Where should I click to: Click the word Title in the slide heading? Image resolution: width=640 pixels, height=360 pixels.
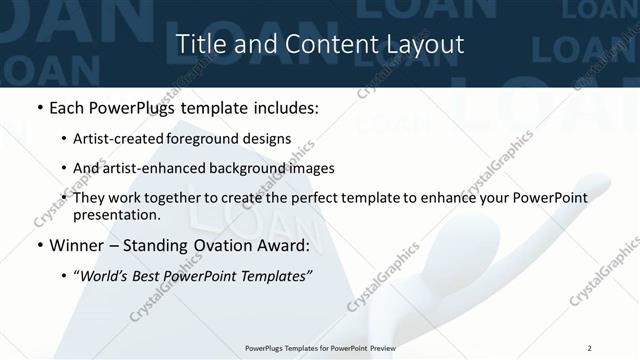click(199, 44)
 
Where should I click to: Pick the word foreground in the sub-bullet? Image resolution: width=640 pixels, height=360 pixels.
click(212, 139)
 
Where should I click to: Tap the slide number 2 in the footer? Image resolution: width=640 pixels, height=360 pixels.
click(590, 348)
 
